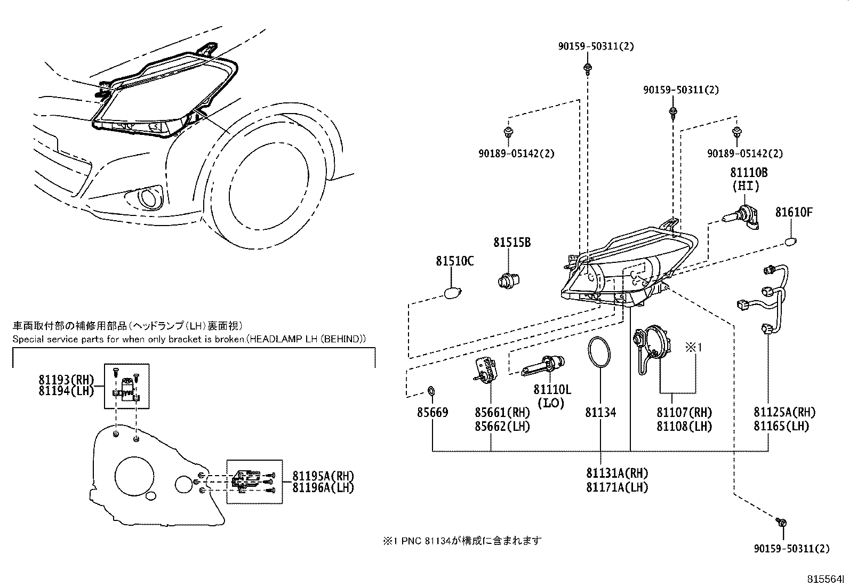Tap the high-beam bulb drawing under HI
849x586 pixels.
click(742, 219)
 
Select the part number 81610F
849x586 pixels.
click(794, 212)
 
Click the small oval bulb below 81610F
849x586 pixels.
click(791, 243)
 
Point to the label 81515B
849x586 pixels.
click(511, 243)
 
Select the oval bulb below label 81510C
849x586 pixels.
click(453, 293)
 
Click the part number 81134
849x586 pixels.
click(600, 412)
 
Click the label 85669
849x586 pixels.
click(432, 412)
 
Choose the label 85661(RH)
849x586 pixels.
click(502, 412)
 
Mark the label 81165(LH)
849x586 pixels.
click(781, 426)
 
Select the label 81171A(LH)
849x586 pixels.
click(617, 487)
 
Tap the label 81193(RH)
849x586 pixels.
click(66, 380)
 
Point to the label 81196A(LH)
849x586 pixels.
click(323, 487)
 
